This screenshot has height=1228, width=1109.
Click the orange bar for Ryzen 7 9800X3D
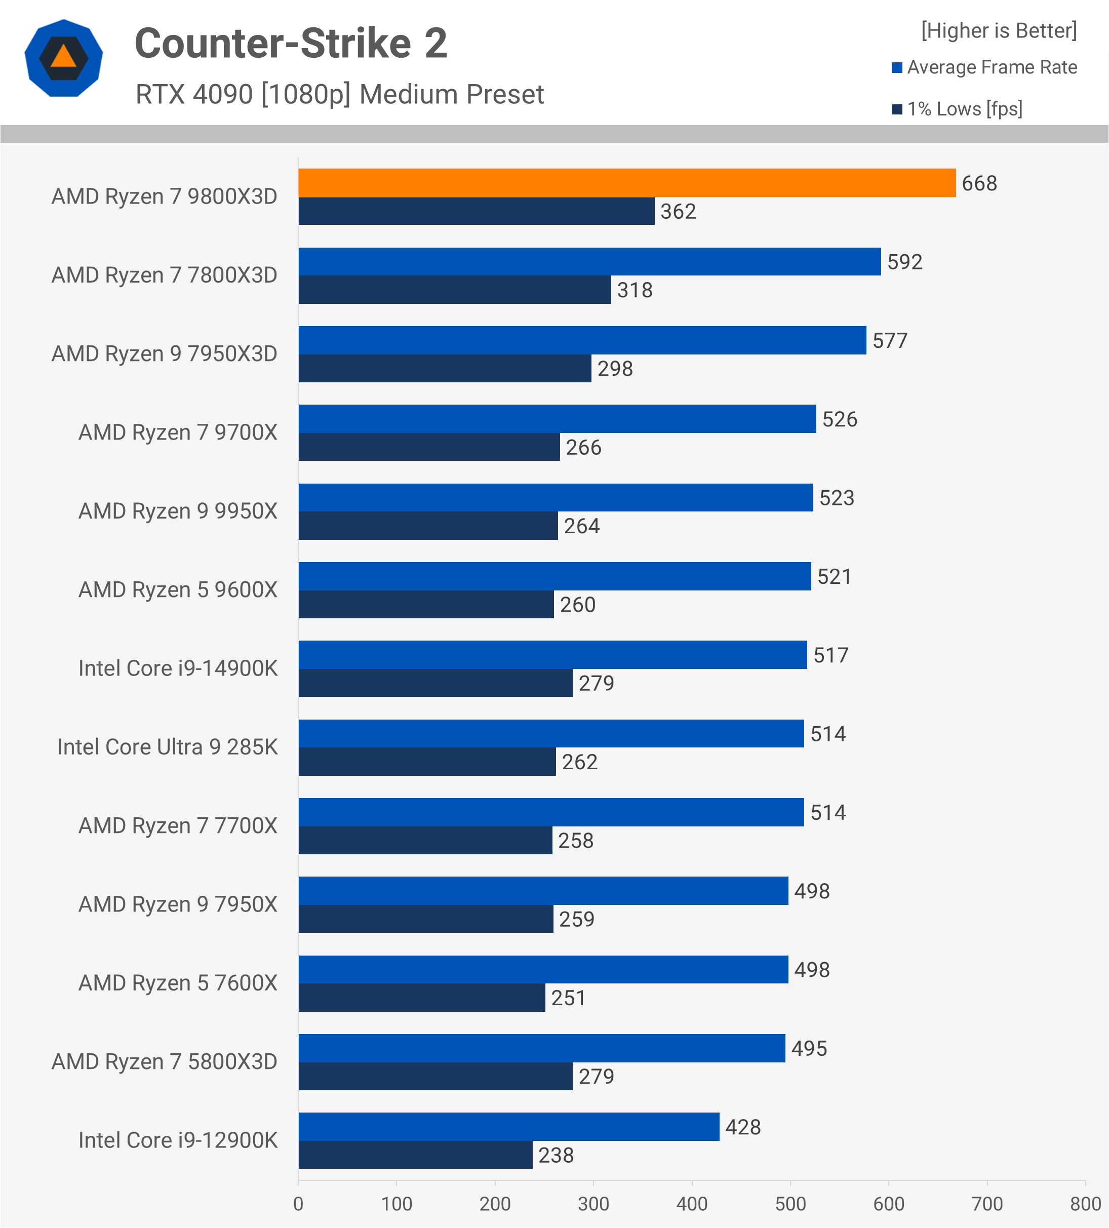627,183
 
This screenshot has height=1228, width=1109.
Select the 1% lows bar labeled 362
476,211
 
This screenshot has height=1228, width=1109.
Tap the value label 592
904,262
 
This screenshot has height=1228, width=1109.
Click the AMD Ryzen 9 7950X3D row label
165,354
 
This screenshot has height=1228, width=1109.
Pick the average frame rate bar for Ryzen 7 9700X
557,419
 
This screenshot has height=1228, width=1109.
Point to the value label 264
582,526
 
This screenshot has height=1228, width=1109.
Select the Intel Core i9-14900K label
178,668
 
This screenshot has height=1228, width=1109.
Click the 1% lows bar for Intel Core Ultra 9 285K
427,762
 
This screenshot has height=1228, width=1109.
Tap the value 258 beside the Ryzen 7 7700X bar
575,841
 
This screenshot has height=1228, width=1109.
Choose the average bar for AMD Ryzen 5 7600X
543,970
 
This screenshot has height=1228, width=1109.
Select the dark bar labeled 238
415,1155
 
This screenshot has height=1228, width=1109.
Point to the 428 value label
743,1127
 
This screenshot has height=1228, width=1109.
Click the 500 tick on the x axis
790,1204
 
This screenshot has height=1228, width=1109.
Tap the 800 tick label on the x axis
1085,1204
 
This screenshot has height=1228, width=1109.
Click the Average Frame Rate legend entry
992,67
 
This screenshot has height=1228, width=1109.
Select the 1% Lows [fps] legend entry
964,109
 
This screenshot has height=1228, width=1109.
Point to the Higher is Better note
999,30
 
